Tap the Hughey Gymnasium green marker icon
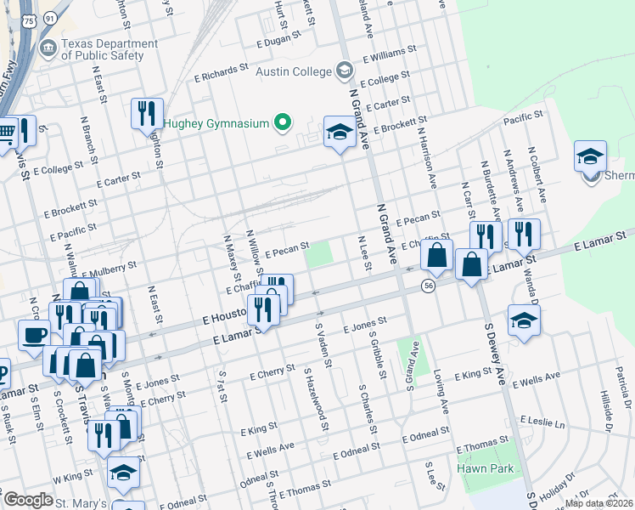click(284, 123)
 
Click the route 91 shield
click(50, 17)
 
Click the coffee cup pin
click(34, 334)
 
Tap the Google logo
click(28, 500)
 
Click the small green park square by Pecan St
click(318, 254)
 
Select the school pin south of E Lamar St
click(524, 320)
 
